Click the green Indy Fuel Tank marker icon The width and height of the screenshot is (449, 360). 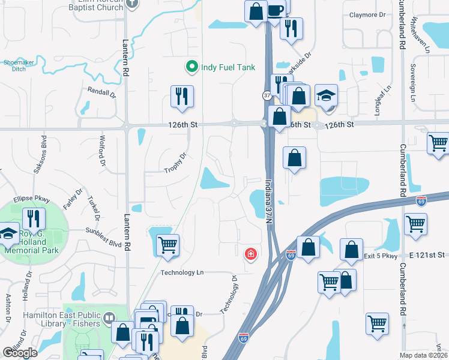coord(192,66)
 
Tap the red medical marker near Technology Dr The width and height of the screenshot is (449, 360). coord(250,254)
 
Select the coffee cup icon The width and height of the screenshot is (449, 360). coord(275,11)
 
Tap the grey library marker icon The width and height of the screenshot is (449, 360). coord(109,317)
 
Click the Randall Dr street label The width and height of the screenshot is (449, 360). coord(101,92)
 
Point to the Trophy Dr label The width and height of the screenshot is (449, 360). coord(176,163)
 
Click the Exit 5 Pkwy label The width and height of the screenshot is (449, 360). coord(381,256)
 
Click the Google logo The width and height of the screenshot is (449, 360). coord(20,352)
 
